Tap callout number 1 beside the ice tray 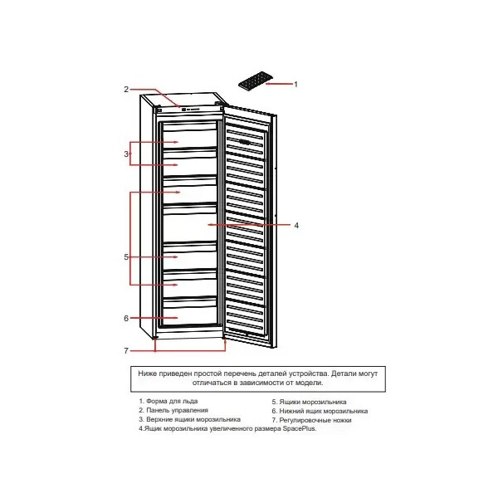tap(296, 85)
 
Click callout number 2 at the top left tap(126, 90)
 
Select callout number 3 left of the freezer tap(126, 154)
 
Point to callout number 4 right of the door tap(296, 226)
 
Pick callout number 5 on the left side tap(126, 257)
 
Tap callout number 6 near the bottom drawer tap(126, 318)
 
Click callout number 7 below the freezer tap(126, 351)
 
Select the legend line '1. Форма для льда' tap(168, 402)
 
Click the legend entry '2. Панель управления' tap(173, 410)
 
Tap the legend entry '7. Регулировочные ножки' tap(311, 420)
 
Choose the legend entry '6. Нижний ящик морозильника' tap(320, 411)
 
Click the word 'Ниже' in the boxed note tap(146, 373)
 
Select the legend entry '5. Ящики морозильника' tap(309, 402)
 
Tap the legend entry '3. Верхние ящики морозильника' tap(189, 419)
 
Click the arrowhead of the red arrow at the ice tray tap(267, 84)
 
